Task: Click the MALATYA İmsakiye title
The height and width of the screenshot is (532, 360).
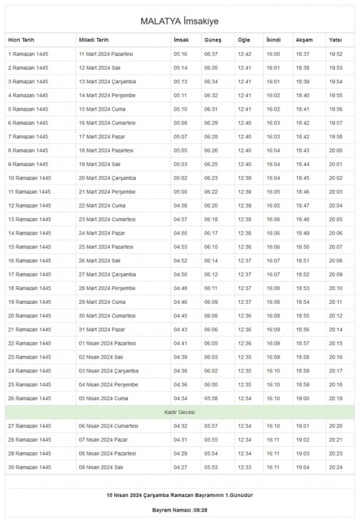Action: click(179, 21)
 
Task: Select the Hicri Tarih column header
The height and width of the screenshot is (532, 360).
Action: click(22, 40)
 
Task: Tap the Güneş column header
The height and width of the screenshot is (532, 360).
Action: click(212, 40)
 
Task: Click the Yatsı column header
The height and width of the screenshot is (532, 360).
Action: click(335, 40)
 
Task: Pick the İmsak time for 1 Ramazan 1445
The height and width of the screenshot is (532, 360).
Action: click(181, 54)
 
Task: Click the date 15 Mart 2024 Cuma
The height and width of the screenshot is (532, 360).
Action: click(103, 109)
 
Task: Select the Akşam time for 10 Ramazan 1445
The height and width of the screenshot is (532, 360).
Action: click(303, 178)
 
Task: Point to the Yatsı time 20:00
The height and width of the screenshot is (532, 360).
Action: click(335, 150)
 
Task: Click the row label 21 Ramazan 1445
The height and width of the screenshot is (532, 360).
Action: click(29, 329)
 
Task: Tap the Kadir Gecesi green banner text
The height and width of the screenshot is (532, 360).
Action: click(179, 412)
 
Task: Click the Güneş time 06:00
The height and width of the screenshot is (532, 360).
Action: click(211, 384)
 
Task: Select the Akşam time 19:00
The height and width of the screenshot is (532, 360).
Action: click(303, 398)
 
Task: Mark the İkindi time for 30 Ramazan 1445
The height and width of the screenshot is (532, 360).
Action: click(273, 467)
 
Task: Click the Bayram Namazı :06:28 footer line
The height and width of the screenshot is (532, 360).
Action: click(179, 510)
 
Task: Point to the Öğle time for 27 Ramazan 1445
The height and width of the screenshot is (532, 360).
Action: click(244, 426)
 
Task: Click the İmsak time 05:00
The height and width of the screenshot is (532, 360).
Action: click(181, 192)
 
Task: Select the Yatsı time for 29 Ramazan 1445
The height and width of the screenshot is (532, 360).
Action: click(335, 453)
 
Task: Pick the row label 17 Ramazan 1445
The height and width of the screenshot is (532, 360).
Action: click(29, 274)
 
